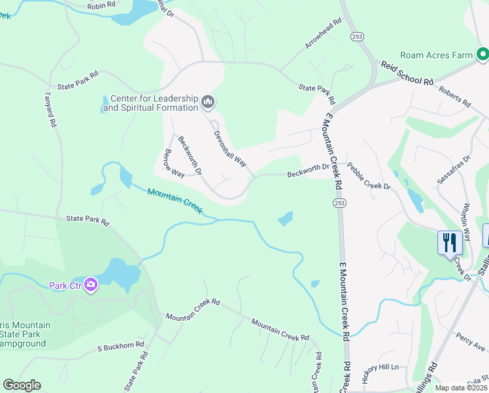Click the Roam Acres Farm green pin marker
(482, 55)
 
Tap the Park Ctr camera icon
(90, 285)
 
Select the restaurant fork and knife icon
(450, 243)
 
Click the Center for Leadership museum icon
(209, 102)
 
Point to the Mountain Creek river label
(175, 201)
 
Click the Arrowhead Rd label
(324, 33)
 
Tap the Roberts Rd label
(455, 96)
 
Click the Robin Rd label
(101, 5)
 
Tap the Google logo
(22, 385)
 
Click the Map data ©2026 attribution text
(460, 388)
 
